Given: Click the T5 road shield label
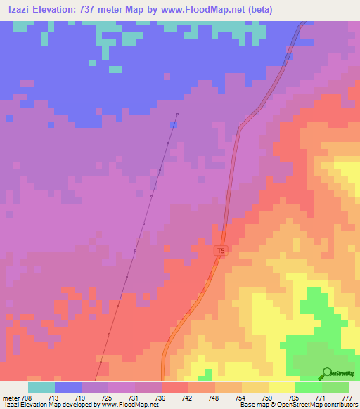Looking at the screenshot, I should (x=221, y=251).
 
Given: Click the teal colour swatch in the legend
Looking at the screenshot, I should (x=41, y=387).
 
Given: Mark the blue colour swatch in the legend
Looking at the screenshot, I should (x=68, y=387).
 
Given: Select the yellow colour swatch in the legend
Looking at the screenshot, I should (x=282, y=387).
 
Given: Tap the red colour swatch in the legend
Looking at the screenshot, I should (x=175, y=387).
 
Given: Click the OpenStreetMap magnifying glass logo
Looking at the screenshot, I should (x=327, y=372).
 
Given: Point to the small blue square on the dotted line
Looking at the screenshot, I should (x=174, y=124).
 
